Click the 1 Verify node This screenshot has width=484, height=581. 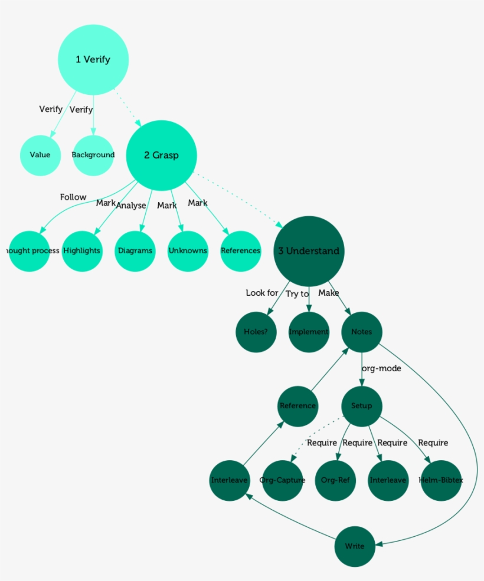tap(93, 60)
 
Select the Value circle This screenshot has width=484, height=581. tap(40, 155)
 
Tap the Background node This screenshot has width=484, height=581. tap(93, 155)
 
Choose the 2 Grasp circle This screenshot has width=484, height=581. tap(161, 156)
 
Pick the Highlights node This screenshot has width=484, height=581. tap(82, 251)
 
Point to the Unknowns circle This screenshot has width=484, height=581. tap(188, 251)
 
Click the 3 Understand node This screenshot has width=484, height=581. tap(309, 251)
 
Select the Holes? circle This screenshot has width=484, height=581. tap(256, 332)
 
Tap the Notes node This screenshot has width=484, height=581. tap(362, 332)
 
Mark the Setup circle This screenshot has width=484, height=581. tap(362, 406)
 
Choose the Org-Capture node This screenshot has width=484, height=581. tap(282, 480)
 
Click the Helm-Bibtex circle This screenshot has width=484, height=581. tap(441, 480)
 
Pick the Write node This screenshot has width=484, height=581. tap(355, 546)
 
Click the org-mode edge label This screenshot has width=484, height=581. tap(381, 369)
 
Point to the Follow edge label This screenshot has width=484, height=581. tap(73, 197)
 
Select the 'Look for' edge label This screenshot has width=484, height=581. tap(262, 293)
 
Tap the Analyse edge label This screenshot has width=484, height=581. tap(131, 206)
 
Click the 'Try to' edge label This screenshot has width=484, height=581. tap(297, 294)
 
